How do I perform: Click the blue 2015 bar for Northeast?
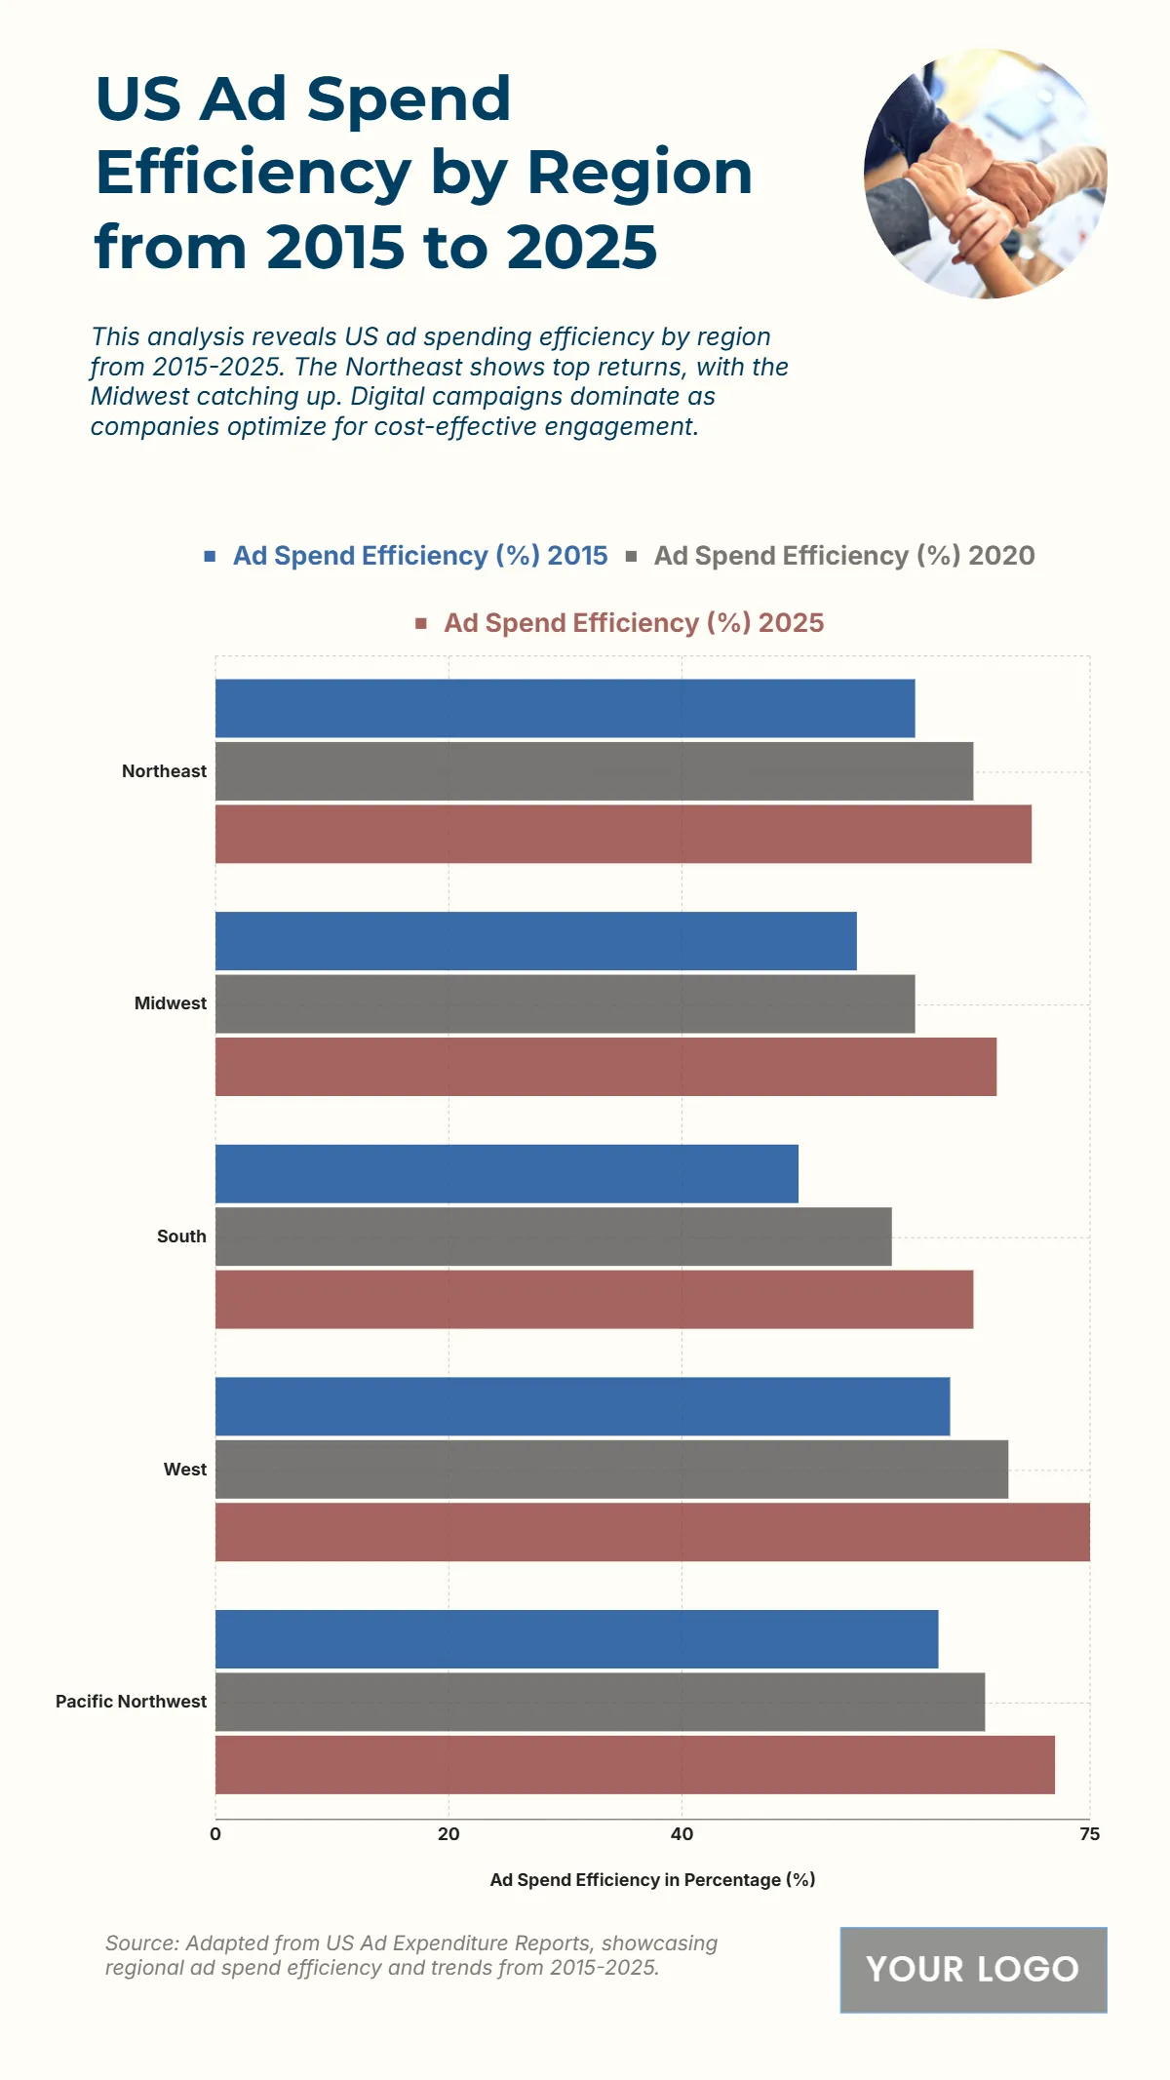tap(565, 708)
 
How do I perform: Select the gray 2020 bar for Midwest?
tap(565, 1003)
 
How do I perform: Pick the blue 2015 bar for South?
tap(506, 1173)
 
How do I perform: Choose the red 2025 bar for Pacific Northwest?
tap(634, 1764)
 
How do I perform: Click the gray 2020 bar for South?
tap(553, 1236)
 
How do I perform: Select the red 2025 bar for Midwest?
tap(604, 1066)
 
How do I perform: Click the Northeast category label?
tap(164, 771)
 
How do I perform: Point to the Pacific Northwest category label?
tap(131, 1702)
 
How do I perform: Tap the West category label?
tap(184, 1470)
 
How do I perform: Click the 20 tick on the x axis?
tap(448, 1834)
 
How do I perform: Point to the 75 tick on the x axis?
tap(1089, 1834)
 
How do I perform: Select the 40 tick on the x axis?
tap(682, 1834)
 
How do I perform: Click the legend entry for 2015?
tap(419, 556)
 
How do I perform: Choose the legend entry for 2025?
tap(633, 623)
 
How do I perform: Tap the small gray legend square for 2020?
tap(632, 557)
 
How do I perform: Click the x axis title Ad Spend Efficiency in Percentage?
tap(652, 1879)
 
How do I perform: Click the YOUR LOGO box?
tap(973, 1969)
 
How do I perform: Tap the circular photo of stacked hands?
tap(985, 174)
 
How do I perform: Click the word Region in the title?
tap(639, 173)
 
